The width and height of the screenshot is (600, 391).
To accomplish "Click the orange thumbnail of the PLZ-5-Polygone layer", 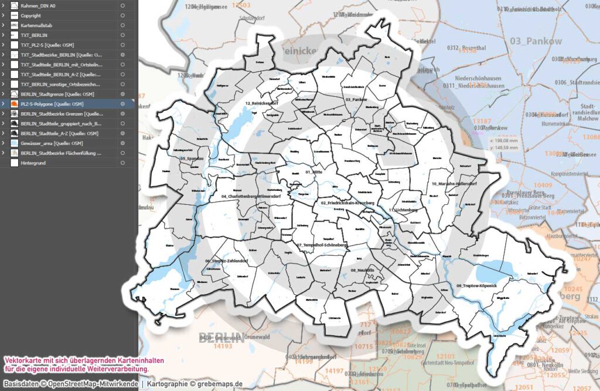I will tap(14, 104).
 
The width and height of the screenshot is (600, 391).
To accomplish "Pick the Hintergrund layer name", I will tap(33, 163).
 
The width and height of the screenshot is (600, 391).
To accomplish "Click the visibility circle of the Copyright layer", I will tap(122, 15).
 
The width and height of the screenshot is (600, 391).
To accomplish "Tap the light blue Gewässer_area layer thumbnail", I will tap(14, 143).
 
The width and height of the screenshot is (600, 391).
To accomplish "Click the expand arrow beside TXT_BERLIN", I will tap(4, 35).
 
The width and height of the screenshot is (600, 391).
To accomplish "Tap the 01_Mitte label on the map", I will tap(315, 172).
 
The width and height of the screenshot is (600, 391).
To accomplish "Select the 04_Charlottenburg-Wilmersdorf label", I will tap(251, 196).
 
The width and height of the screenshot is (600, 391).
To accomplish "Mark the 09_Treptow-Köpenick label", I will tap(476, 285).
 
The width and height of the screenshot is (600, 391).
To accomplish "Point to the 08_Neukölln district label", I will tap(362, 270).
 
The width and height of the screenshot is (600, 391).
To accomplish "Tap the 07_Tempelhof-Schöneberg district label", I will tap(321, 244).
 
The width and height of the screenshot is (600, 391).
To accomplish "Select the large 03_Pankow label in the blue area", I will tap(536, 41).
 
